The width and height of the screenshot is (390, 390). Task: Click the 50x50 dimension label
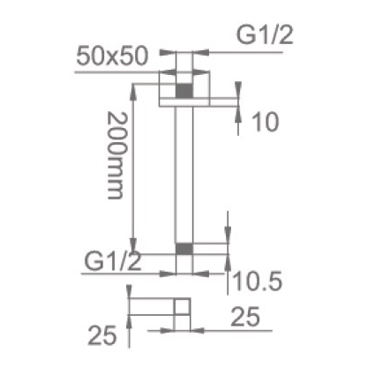[112, 56]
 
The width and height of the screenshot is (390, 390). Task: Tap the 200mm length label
[116, 155]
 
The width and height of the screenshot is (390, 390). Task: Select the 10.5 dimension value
[257, 281]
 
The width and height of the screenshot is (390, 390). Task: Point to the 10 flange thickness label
[266, 122]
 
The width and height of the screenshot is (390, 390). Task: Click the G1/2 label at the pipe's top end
[265, 35]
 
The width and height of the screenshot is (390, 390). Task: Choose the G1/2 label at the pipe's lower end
[113, 261]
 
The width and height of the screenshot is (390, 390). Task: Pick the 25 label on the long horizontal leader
[245, 317]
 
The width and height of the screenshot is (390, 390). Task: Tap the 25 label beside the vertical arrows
[102, 335]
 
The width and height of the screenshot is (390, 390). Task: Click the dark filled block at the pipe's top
[184, 91]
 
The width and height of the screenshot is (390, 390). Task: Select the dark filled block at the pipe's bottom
[184, 249]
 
